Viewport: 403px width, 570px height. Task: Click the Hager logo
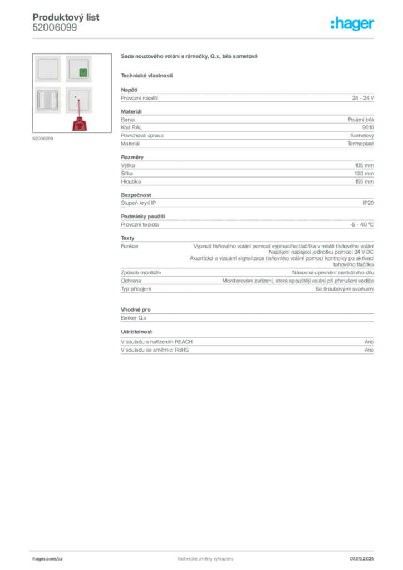point(352,23)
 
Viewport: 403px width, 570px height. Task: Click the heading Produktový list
point(66,17)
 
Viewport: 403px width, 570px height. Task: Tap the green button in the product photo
point(83,73)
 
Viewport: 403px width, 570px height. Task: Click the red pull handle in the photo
point(80,124)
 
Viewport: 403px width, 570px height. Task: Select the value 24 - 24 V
point(363,98)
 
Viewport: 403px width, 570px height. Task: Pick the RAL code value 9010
point(368,127)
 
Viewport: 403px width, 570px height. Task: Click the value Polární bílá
point(361,120)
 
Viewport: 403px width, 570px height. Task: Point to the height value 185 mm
point(365,165)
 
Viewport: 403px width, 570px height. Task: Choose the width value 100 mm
point(364,174)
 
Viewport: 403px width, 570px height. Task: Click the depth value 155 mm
point(365,182)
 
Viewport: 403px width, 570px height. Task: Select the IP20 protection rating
point(368,203)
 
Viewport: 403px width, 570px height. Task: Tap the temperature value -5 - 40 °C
point(362,225)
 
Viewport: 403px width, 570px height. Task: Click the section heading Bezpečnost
point(136,195)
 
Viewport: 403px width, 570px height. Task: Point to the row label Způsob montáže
point(141,273)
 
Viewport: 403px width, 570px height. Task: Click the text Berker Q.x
point(134,318)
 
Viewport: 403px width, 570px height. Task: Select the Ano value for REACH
point(369,342)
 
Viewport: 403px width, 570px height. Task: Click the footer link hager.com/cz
point(48,559)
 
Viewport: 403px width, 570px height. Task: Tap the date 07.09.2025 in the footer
point(362,559)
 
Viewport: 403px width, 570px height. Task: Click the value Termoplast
point(361,144)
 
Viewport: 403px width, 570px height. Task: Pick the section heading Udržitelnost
point(136,332)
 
